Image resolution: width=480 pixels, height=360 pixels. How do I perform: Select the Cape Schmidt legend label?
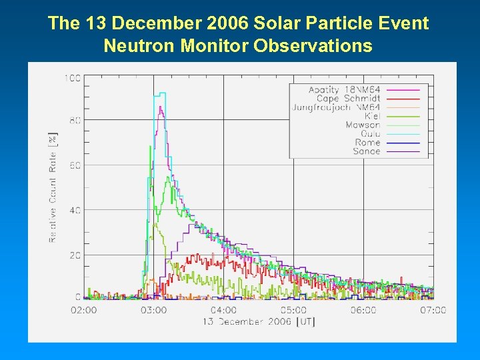click(x=348, y=99)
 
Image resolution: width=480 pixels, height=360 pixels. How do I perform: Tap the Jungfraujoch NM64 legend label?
click(x=336, y=107)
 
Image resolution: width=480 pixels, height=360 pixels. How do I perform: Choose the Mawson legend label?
click(x=363, y=125)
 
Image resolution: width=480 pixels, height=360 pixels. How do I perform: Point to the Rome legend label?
click(x=367, y=143)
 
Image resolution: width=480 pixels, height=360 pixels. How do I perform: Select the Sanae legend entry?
click(x=366, y=151)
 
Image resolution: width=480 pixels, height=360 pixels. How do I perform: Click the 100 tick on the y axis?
click(x=72, y=78)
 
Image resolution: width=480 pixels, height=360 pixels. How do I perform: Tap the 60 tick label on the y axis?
click(x=75, y=165)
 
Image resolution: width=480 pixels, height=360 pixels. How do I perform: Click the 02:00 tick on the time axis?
click(x=84, y=310)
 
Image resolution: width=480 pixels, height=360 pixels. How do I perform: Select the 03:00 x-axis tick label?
click(x=153, y=310)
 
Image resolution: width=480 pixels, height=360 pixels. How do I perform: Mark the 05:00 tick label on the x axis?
click(x=293, y=310)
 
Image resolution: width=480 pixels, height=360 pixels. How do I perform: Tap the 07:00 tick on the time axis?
click(x=433, y=310)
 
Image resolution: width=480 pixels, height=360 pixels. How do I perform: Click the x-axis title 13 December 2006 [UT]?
click(x=259, y=322)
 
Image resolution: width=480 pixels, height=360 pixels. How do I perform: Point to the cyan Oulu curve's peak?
click(x=161, y=93)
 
